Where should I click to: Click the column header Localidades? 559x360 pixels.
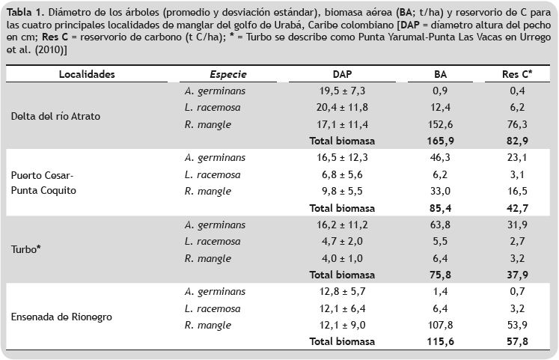87,75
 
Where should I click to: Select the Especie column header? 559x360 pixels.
228,75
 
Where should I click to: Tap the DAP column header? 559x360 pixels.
342,75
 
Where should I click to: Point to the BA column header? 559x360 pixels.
441,75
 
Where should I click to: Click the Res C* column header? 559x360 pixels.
517,75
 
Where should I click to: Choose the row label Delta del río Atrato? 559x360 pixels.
56,116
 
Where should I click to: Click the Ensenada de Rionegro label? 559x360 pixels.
62,317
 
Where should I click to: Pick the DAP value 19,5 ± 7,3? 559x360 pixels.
341,91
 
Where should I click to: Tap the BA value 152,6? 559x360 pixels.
441,124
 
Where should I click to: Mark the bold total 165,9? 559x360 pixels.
441,141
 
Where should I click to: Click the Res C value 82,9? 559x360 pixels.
517,141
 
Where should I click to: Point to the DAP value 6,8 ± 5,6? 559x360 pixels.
342,174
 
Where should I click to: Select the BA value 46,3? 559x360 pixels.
441,158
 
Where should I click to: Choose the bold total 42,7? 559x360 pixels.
517,208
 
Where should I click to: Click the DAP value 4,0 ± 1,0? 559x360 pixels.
342,258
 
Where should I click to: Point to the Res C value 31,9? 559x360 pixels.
517,225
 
